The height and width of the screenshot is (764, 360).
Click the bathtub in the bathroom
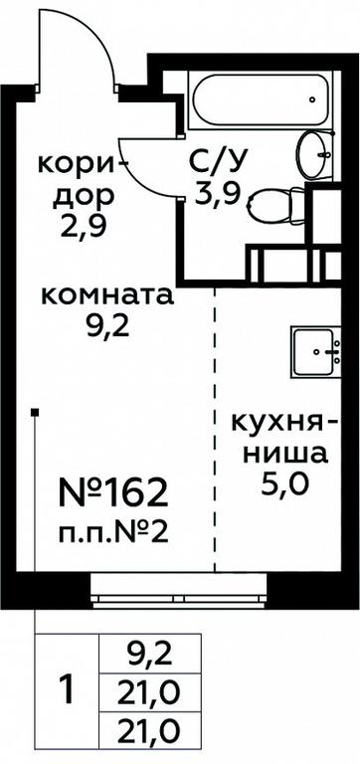click(x=262, y=102)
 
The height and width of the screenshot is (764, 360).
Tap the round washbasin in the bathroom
click(x=315, y=155)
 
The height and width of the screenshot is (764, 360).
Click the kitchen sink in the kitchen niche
click(x=316, y=351)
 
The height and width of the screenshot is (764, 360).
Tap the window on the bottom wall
click(x=179, y=591)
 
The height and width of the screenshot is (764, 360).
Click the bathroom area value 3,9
click(x=218, y=197)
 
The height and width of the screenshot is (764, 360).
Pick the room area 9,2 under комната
click(x=107, y=328)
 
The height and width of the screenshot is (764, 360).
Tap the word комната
click(x=107, y=295)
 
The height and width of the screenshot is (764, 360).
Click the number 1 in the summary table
click(x=68, y=688)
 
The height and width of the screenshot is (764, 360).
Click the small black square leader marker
click(x=35, y=413)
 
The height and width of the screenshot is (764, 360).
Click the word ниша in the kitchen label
click(x=285, y=454)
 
